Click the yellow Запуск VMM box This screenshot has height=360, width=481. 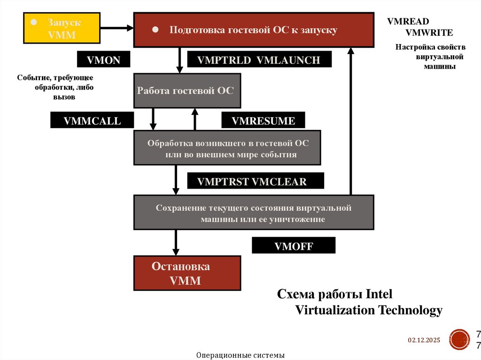tap(62, 28)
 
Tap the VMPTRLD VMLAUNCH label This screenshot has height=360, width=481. tap(259, 60)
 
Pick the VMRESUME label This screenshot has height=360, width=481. tap(263, 121)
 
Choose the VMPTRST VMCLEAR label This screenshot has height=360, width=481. tap(256, 181)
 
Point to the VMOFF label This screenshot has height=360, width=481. tap(294, 245)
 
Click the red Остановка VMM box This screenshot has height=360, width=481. tap(187, 273)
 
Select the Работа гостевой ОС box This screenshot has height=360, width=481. tap(187, 91)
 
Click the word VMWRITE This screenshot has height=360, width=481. tap(429, 32)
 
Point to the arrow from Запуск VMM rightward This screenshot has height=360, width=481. tap(116, 28)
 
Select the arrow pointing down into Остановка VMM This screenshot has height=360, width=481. tap(176, 242)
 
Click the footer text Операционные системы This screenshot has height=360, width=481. tap(240, 355)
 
